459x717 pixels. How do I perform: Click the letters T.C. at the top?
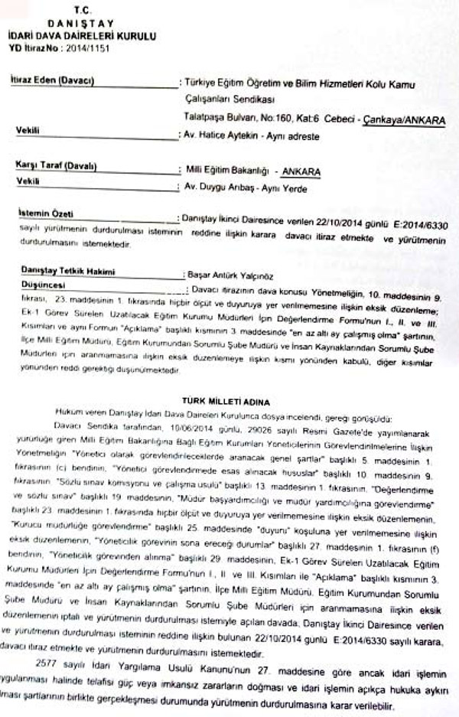tap(82, 8)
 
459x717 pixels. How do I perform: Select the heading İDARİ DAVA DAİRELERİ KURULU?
tap(83, 35)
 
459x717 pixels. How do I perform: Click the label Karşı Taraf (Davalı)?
tap(56, 165)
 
